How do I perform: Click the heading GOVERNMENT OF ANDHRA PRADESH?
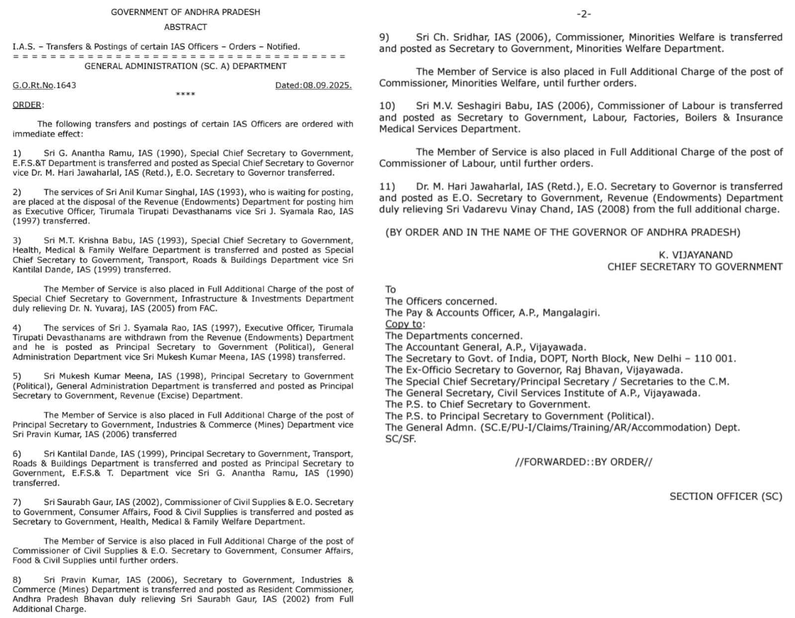coord(185,12)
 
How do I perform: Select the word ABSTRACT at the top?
coord(185,27)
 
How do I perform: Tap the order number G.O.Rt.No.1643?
coord(44,85)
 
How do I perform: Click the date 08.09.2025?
coord(327,85)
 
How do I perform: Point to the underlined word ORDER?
coord(27,105)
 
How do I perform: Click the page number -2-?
coord(584,14)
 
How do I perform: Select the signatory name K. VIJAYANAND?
coord(696,255)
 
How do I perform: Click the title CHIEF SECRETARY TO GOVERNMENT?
coord(695,267)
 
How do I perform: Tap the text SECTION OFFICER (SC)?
coord(725,496)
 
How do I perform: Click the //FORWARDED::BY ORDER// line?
coord(583,462)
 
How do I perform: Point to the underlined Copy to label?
coord(404,324)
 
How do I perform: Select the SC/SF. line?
coord(400,439)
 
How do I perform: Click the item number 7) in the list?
coord(17,502)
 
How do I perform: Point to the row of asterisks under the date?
coord(185,94)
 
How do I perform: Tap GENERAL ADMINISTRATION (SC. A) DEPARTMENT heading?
coord(185,66)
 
